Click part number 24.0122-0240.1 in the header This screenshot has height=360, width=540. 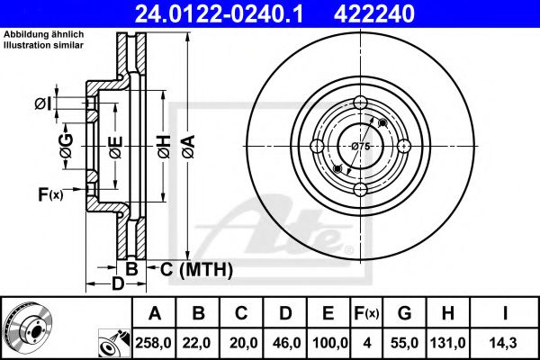tap(219, 13)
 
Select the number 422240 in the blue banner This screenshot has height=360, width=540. tap(374, 13)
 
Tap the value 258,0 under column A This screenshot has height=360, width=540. tap(153, 343)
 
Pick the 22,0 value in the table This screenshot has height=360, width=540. tap(196, 343)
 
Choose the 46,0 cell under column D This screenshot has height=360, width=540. tap(286, 343)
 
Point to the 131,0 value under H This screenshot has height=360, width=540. tap(447, 343)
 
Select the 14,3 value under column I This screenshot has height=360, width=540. tap(505, 343)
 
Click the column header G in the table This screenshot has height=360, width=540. tap(404, 313)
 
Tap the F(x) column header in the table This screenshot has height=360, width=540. tap(366, 313)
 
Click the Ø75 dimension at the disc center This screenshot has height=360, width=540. tap(361, 147)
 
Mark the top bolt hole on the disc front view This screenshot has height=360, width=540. tap(360, 103)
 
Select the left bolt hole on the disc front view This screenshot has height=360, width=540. tap(317, 146)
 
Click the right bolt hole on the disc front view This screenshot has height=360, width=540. tap(404, 146)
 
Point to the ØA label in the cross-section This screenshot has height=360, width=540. tap(189, 147)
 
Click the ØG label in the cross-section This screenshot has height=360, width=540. tap(66, 146)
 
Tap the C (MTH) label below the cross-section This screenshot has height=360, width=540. tap(196, 269)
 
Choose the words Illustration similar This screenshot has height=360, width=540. tap(44, 45)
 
